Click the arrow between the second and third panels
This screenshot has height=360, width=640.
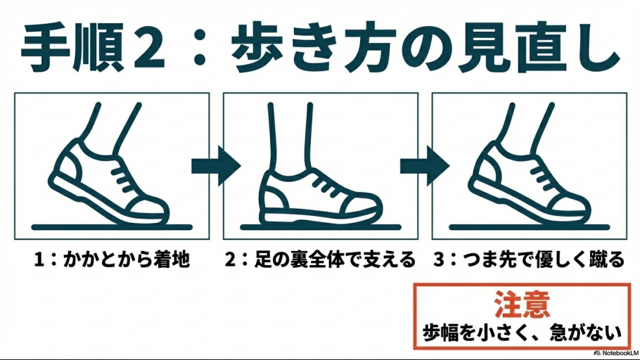click(x=424, y=166)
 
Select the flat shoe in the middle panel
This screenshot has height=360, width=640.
click(x=320, y=197)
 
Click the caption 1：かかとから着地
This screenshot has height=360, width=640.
click(x=112, y=261)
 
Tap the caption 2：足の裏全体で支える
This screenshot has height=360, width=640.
click(x=320, y=261)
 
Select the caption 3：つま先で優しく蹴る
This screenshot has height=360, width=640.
click(x=528, y=261)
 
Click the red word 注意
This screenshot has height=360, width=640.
click(x=521, y=304)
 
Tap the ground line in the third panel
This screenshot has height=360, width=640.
click(x=529, y=228)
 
